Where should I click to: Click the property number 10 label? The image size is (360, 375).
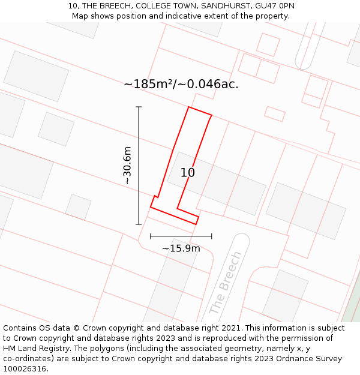pos(188,173)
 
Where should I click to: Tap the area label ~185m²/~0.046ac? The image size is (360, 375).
pos(181,85)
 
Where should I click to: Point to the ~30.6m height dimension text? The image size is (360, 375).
pos(127,165)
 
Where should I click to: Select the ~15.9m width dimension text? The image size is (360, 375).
pos(181,248)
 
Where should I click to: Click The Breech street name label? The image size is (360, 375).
pos(226,283)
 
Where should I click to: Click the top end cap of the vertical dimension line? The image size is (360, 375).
pos(139,107)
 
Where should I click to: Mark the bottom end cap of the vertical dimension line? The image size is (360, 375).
pos(139,224)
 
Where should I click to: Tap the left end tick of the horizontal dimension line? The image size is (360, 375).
pos(151,236)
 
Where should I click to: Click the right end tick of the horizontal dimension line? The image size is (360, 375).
pos(211,236)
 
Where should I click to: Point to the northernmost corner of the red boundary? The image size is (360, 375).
pos(189,107)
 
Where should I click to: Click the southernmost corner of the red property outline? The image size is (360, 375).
pos(196,224)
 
